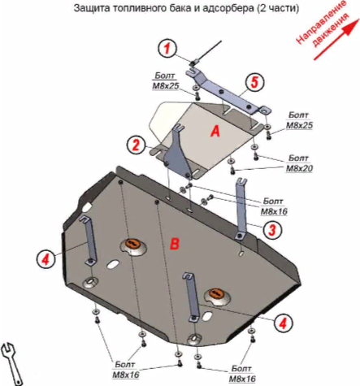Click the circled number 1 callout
pyautogui.click(x=167, y=49)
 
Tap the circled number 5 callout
pyautogui.click(x=254, y=82)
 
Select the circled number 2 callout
pyautogui.click(x=137, y=145)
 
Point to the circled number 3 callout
pyautogui.click(x=272, y=229)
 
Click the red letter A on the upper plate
pyautogui.click(x=215, y=132)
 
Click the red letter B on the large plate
pyautogui.click(x=175, y=243)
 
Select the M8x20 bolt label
pyautogui.click(x=299, y=163)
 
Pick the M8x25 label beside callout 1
pyautogui.click(x=166, y=81)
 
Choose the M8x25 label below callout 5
pyautogui.click(x=299, y=120)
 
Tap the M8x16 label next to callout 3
pyautogui.click(x=274, y=206)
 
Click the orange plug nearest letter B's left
pyautogui.click(x=132, y=245)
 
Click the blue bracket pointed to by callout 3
pyautogui.click(x=241, y=209)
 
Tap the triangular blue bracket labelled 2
pyautogui.click(x=178, y=153)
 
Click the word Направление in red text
pyautogui.click(x=321, y=23)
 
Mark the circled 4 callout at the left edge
pyautogui.click(x=46, y=259)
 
